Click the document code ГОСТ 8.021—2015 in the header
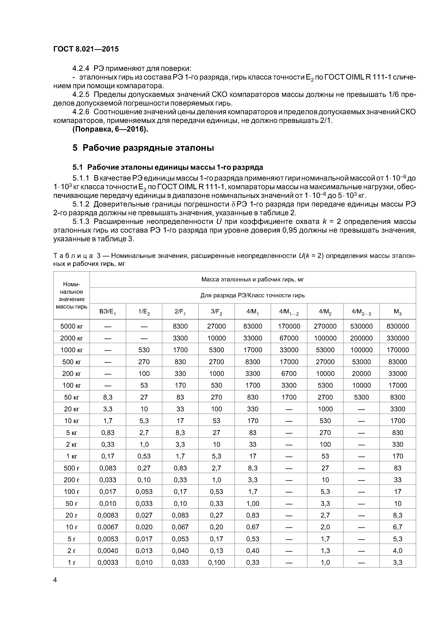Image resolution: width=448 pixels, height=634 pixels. tap(86, 49)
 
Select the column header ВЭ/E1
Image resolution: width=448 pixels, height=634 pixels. tap(108, 312)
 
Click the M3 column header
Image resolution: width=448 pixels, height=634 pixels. tap(397, 312)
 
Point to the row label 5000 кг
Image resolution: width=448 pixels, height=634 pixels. tap(72, 326)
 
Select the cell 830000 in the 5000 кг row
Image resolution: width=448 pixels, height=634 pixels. tap(397, 326)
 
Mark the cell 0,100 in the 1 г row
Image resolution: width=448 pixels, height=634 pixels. tap(216, 562)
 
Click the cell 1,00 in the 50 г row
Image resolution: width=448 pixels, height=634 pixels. tap(253, 503)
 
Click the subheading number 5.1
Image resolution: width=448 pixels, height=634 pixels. tap(77, 167)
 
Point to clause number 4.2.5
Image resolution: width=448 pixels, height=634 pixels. tap(81, 95)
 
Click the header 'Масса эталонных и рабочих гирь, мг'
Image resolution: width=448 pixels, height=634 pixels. tap(253, 279)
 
